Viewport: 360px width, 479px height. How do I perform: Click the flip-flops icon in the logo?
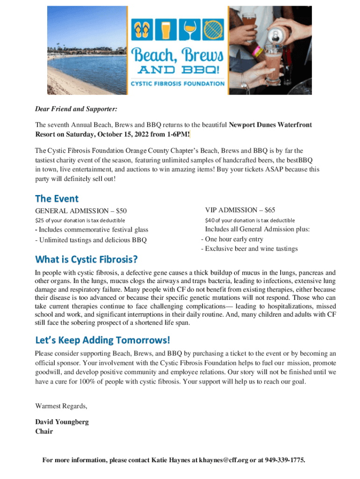142,31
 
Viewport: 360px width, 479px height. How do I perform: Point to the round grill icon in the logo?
215,31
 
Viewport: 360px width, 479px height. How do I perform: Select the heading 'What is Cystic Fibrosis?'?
86,259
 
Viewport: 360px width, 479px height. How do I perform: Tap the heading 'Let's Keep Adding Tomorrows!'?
102,339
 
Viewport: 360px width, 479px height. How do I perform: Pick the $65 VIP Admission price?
270,210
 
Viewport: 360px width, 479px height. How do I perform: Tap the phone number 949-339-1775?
285,460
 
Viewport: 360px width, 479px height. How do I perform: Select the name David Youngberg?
62,422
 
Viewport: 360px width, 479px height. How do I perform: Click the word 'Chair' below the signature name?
44,431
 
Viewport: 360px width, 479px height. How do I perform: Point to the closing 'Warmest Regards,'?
61,406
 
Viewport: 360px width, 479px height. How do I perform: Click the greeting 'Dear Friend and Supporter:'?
76,109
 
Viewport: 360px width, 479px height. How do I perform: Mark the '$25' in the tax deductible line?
40,220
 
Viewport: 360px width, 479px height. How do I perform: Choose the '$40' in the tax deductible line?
210,220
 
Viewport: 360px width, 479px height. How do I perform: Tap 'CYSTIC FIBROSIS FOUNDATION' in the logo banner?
177,84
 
